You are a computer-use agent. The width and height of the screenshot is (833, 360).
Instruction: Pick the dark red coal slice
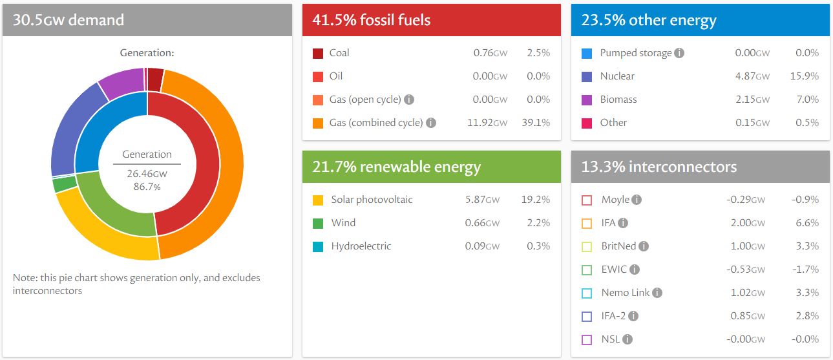[x=154, y=79]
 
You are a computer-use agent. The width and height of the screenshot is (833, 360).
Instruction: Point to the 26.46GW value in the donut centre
[x=147, y=174]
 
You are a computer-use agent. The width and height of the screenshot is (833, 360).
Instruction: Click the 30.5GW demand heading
[x=69, y=20]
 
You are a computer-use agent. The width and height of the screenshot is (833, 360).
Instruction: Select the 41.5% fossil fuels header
[x=372, y=20]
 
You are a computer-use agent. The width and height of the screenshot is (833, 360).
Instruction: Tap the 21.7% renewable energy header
[x=396, y=167]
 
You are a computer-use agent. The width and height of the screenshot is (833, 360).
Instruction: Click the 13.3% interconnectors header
[x=659, y=167]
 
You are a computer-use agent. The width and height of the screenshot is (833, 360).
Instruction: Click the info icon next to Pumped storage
[x=679, y=53]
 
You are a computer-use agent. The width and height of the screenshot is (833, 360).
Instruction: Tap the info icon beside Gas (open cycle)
[x=409, y=100]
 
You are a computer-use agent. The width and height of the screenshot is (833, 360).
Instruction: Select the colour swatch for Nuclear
[x=586, y=77]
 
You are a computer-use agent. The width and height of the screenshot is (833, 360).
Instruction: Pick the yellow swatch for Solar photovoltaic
[x=318, y=200]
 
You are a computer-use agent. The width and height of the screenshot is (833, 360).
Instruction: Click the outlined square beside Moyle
[x=586, y=200]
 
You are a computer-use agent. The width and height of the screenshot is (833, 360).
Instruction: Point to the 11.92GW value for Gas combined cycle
[x=487, y=123]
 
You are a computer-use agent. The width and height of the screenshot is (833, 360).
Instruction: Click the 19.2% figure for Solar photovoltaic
[x=536, y=200]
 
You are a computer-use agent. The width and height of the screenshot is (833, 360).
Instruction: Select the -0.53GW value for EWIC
[x=746, y=270]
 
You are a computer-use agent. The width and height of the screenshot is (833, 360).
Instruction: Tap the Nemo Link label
[x=625, y=293]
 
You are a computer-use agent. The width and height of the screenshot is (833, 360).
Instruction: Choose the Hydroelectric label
[x=361, y=246]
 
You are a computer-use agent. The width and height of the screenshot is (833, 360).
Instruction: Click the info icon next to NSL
[x=627, y=339]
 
